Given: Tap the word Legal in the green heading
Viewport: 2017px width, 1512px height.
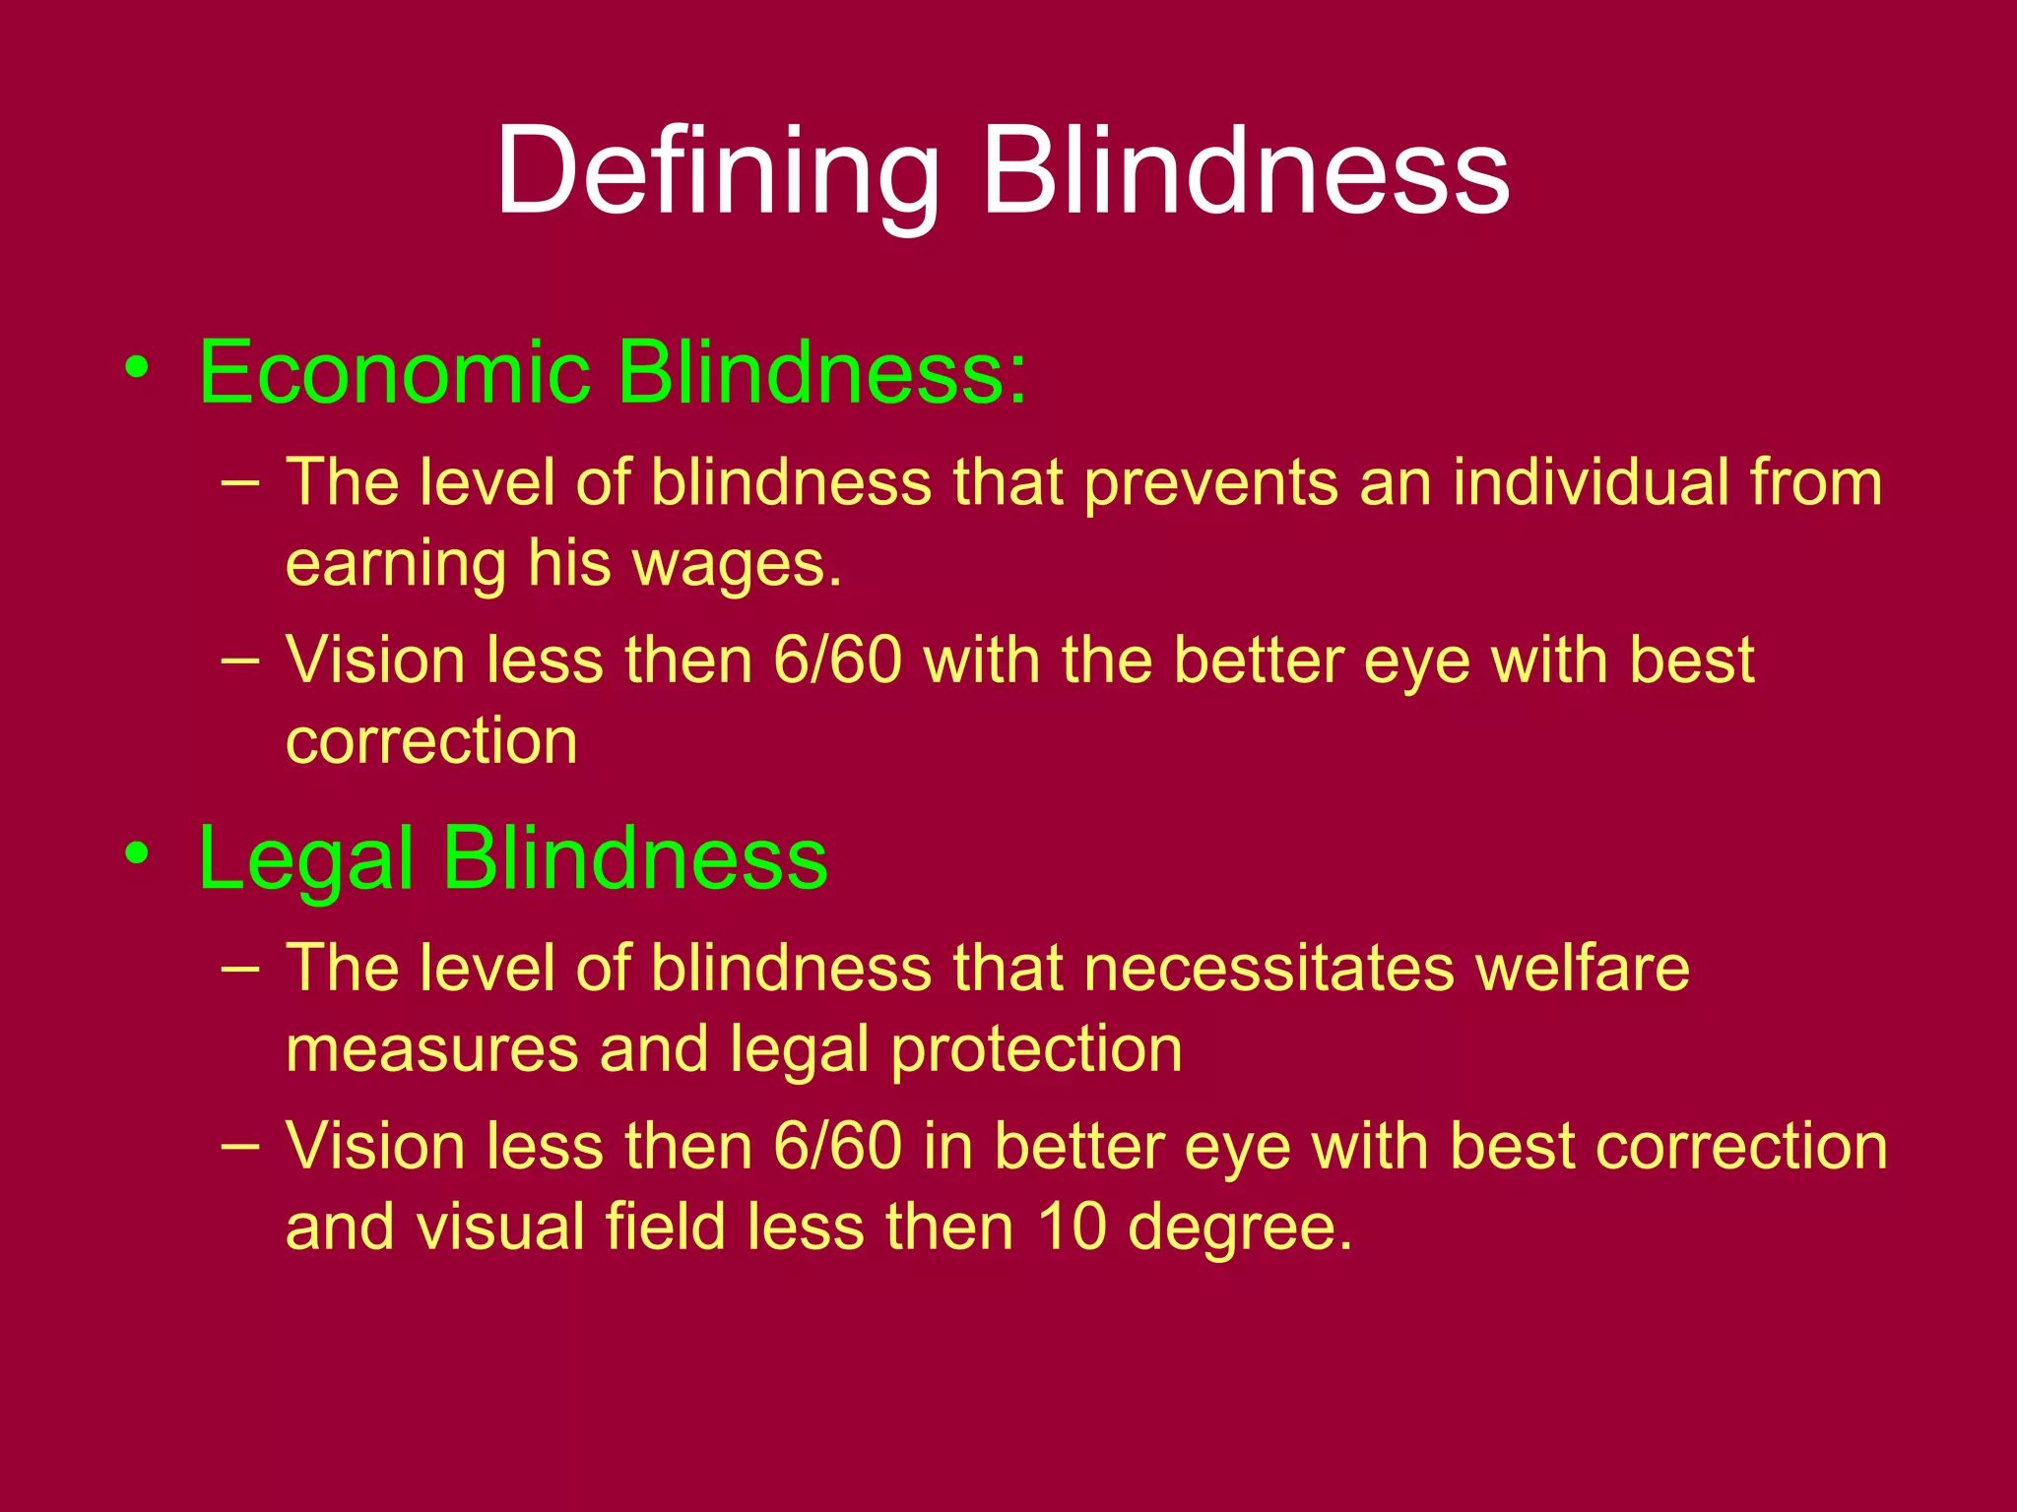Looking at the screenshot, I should (x=305, y=859).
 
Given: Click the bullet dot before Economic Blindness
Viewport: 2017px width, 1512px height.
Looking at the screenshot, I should (x=138, y=368).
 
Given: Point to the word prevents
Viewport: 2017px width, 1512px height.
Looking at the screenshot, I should (x=1210, y=482).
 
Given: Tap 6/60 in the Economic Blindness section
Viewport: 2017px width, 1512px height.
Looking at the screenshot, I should (x=838, y=660).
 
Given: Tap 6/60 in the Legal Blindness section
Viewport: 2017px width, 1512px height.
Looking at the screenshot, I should (x=838, y=1147).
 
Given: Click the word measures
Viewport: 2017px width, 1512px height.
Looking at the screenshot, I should (x=431, y=1049).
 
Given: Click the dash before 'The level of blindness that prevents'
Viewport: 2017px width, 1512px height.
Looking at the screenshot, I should (x=241, y=481).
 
